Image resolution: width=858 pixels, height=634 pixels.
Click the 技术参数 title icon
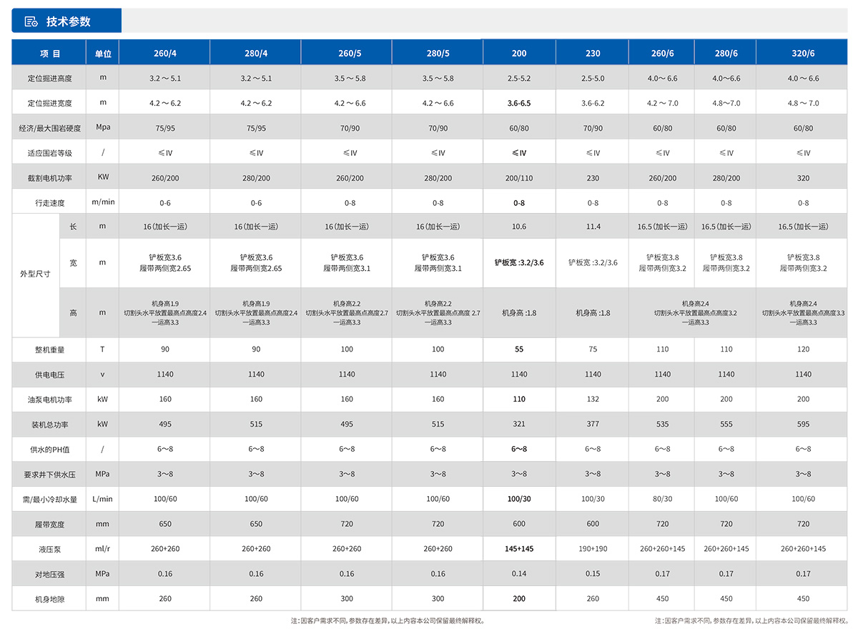click(x=31, y=21)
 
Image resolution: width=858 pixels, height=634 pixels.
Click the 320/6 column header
click(x=803, y=54)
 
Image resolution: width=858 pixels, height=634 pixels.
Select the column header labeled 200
click(x=519, y=54)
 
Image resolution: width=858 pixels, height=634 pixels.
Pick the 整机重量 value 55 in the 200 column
click(x=519, y=350)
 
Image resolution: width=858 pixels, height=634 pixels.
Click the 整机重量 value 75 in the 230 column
click(x=593, y=350)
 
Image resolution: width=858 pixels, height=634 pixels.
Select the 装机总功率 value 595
click(x=803, y=425)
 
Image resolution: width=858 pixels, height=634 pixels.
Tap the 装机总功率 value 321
click(x=519, y=425)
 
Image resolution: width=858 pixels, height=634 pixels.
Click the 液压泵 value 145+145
click(x=519, y=549)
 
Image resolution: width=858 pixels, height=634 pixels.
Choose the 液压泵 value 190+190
click(x=593, y=549)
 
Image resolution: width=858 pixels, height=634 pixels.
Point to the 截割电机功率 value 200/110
click(x=519, y=178)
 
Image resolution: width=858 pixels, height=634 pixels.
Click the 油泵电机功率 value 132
click(x=593, y=400)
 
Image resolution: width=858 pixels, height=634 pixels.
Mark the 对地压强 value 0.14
click(x=519, y=574)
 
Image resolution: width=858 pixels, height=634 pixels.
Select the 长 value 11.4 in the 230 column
click(x=593, y=227)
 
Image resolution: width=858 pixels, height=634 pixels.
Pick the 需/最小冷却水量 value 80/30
click(x=662, y=499)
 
